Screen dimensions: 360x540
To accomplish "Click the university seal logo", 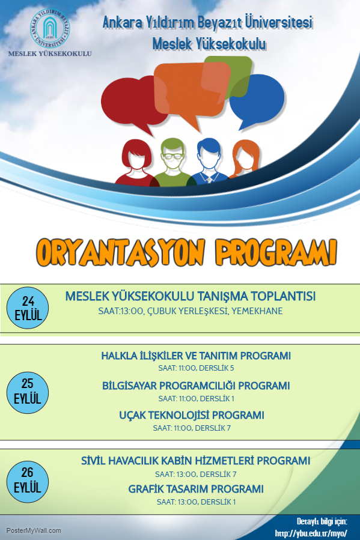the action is pos(50,28).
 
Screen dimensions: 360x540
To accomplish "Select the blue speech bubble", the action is pos(257,100).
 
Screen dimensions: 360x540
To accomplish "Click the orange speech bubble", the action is pos(192,93).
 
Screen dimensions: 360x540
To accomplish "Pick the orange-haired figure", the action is pos(245,159).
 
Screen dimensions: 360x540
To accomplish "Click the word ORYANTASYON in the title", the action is pos(121,252).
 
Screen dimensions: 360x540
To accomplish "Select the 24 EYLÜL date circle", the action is pos(28,308).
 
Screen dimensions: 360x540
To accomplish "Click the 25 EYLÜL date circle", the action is pos(28,392).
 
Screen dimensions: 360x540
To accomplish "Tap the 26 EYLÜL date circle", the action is pos(28,481).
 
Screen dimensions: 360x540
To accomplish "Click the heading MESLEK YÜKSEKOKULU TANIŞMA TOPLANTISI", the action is pos(190,296).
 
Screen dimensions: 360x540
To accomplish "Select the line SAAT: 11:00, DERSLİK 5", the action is pos(196,368).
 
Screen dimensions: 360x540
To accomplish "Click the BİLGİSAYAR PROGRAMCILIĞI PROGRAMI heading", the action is pos(196,386).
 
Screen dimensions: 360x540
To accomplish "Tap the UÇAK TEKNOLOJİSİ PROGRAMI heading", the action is pos(192,415).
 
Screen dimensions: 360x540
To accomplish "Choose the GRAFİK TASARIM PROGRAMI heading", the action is pos(196,489).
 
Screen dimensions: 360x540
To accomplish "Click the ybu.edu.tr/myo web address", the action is pos(311,533).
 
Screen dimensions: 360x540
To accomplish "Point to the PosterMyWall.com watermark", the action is pos(34,531).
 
